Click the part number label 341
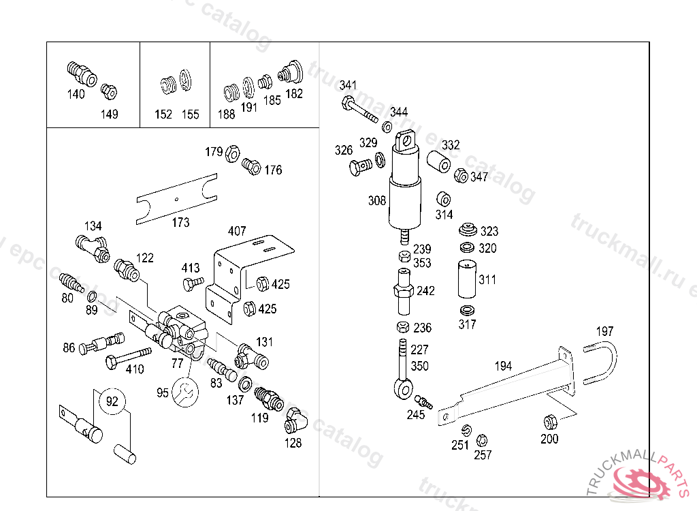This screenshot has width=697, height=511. (348, 86)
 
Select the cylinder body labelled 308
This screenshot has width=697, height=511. (404, 204)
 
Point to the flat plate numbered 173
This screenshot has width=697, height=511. (176, 198)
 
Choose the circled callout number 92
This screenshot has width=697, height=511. (112, 401)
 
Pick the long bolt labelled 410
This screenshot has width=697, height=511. (127, 357)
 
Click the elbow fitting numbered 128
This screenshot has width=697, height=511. (294, 421)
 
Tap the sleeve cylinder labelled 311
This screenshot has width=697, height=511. (466, 279)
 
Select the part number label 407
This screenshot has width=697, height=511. (237, 232)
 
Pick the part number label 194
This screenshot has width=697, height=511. (503, 366)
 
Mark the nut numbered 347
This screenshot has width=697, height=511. (461, 176)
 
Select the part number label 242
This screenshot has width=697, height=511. (425, 291)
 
